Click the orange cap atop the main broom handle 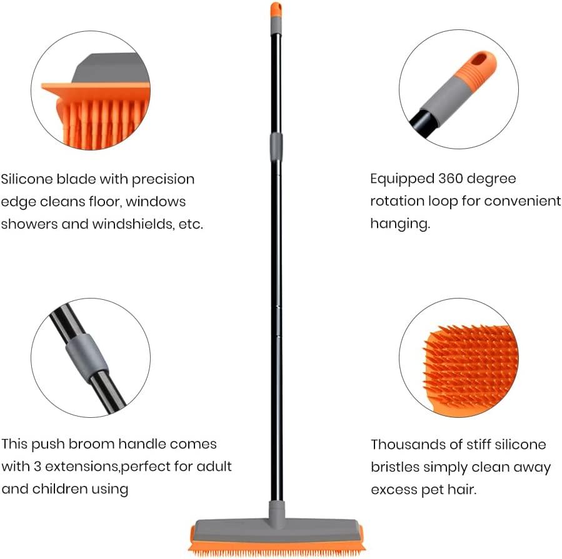coord(276,9)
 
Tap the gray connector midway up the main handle coord(276,146)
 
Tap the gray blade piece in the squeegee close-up coord(113,71)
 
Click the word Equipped coord(399,179)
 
